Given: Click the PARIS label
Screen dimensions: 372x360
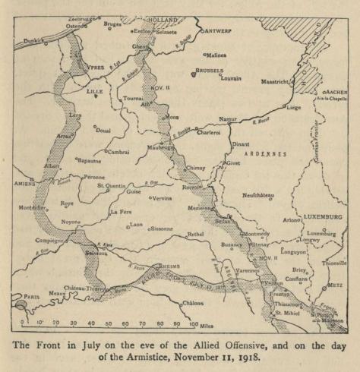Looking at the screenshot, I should coord(31,297).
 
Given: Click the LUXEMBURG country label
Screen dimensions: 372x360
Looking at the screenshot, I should coord(324,216).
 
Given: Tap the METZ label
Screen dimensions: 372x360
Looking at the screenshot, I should coord(334,285).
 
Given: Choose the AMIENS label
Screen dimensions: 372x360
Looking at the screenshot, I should coord(26,183).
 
